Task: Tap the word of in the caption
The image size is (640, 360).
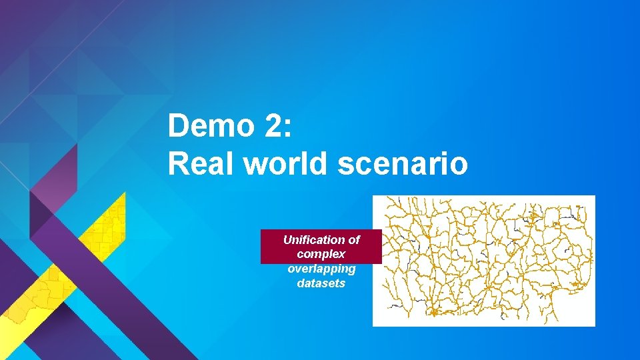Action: tap(353, 239)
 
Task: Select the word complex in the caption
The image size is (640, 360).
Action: tap(321, 254)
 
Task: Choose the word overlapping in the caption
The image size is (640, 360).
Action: tap(321, 269)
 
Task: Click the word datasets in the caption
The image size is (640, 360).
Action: tap(321, 283)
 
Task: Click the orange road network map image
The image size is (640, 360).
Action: tap(483, 261)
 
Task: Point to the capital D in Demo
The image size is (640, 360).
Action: tap(178, 125)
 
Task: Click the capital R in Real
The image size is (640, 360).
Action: tap(178, 163)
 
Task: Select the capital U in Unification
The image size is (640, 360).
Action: tap(287, 239)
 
